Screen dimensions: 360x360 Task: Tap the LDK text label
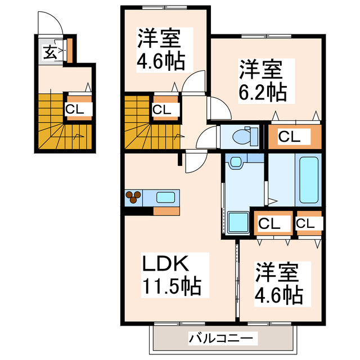(x=168, y=263)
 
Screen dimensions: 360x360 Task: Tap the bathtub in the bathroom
(x=308, y=180)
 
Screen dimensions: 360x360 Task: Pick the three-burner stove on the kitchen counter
(x=134, y=197)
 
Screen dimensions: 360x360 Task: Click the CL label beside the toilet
(x=294, y=136)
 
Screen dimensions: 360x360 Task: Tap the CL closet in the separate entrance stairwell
(x=74, y=110)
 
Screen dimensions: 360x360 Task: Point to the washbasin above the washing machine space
(x=235, y=163)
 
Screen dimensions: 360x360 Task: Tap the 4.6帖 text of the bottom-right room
(x=279, y=294)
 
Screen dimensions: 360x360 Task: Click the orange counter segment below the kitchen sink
(x=166, y=211)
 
